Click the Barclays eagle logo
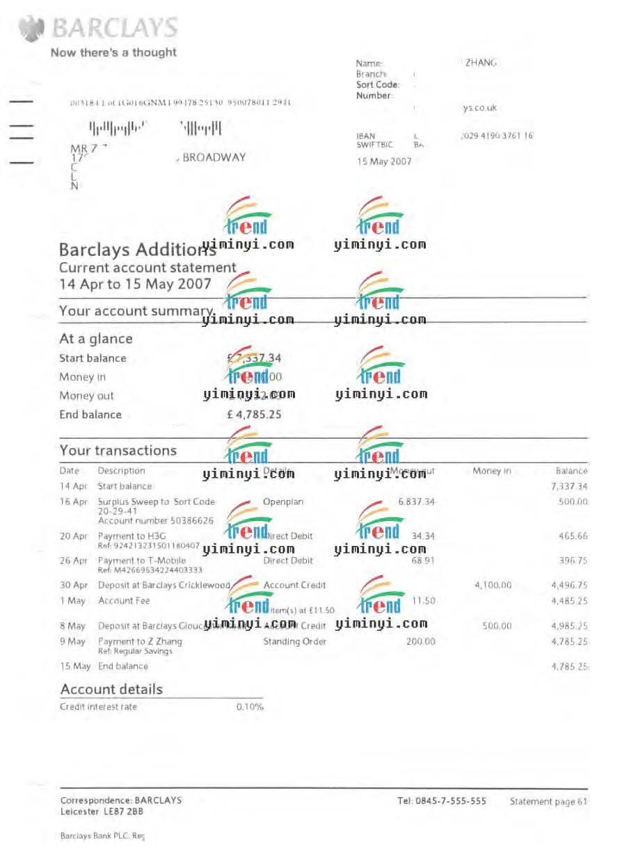31,30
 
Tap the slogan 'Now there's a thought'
113,52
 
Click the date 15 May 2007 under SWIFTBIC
384,161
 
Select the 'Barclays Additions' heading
129,250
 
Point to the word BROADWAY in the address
214,158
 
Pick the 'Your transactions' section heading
118,450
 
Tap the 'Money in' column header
492,471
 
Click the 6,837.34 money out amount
416,501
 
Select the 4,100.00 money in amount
493,586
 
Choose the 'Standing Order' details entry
294,641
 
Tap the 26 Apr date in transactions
74,561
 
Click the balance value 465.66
573,536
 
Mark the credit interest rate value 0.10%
250,707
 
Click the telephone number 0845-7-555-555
442,801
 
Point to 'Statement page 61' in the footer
548,802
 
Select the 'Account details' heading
111,689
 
